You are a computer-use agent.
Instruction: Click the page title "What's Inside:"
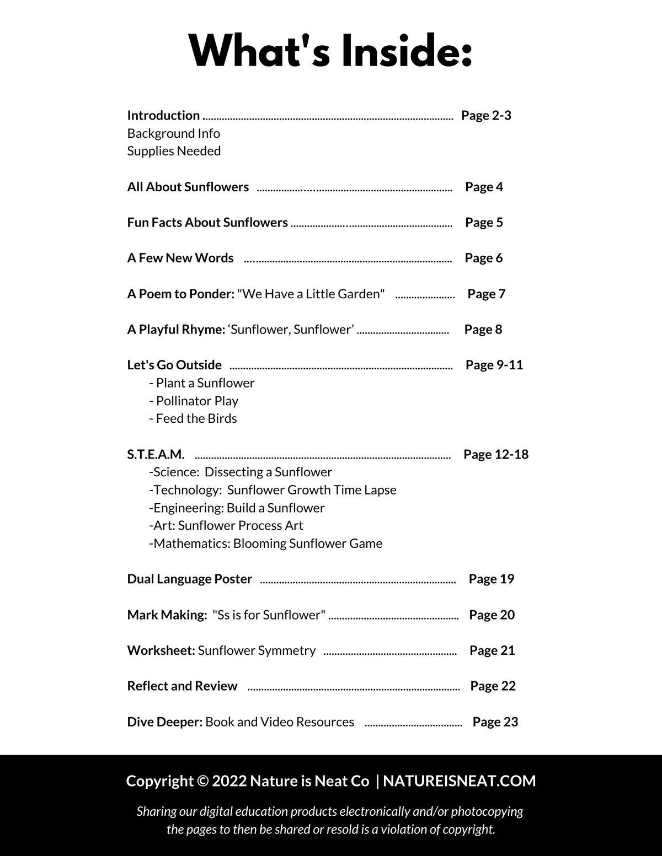tap(330, 51)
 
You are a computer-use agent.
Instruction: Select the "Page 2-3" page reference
tap(486, 115)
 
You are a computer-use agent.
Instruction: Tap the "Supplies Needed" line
tap(174, 151)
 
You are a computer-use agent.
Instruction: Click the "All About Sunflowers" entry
tap(188, 187)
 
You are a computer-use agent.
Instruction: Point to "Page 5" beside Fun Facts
tap(484, 222)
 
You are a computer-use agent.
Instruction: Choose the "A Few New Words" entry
tap(180, 258)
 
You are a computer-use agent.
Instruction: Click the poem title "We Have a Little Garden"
tap(311, 294)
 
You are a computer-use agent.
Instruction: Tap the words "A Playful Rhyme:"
tap(176, 330)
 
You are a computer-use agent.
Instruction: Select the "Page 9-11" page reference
tap(494, 365)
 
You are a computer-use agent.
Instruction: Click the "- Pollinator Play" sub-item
tap(194, 401)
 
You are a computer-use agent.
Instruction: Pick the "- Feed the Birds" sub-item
tap(193, 418)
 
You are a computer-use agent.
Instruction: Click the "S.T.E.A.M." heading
tap(156, 454)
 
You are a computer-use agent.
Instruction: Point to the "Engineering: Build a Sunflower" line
tap(237, 508)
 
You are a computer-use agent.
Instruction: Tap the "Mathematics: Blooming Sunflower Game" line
tap(265, 543)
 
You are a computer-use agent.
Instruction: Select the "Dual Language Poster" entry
tap(189, 579)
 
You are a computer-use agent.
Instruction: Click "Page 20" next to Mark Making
tap(492, 615)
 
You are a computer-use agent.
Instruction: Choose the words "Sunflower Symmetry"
tap(257, 650)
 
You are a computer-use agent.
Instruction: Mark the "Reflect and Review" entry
tap(182, 686)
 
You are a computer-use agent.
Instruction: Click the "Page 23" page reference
tap(495, 722)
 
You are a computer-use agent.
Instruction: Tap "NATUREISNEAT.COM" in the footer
tap(460, 781)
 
